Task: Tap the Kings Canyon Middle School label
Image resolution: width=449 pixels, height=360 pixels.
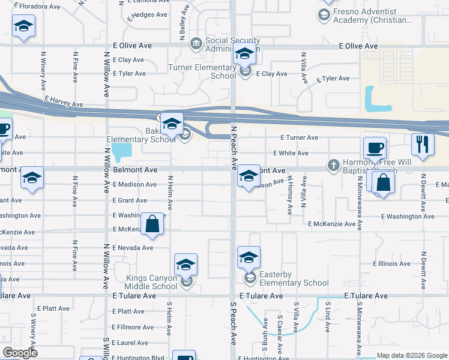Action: (151, 282)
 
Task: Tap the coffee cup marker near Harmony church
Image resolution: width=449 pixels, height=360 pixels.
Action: (375, 149)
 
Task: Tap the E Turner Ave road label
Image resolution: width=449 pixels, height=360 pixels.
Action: (298, 137)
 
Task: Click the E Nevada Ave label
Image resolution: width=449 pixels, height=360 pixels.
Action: (132, 247)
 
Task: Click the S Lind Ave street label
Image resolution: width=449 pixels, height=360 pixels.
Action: (328, 317)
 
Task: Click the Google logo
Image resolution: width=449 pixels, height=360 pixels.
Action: (20, 353)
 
